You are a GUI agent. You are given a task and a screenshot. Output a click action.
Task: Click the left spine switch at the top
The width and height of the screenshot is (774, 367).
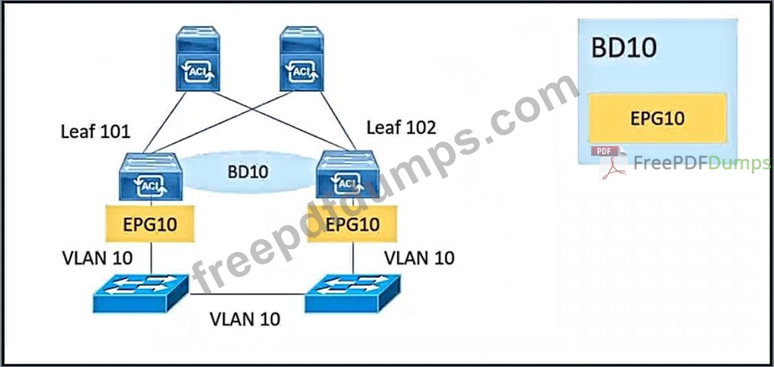pos(198,59)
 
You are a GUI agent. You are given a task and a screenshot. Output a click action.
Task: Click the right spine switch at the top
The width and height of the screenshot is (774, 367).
pos(302,59)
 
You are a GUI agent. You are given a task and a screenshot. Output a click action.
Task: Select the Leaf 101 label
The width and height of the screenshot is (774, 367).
pos(95,131)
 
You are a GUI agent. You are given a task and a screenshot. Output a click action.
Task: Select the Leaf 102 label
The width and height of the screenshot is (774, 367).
pos(401,127)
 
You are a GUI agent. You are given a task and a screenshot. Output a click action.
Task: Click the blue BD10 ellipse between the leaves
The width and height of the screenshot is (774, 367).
pos(248,171)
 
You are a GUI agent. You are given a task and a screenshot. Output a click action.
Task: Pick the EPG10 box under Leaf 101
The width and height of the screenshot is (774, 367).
pos(149,225)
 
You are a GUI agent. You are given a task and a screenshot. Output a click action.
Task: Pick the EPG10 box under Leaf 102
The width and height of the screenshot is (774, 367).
pos(352,225)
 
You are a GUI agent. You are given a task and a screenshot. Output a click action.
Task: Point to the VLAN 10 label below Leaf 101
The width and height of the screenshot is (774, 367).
pos(97,257)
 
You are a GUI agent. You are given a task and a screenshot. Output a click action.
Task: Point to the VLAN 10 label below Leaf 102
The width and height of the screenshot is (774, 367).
pos(419,257)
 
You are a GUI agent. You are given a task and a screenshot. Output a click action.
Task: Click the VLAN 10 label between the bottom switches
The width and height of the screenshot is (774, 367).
pos(245,318)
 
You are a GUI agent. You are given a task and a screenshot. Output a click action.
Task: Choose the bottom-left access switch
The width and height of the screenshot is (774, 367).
pos(141,293)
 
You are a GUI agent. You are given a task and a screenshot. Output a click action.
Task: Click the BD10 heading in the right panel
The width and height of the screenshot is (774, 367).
pos(625,47)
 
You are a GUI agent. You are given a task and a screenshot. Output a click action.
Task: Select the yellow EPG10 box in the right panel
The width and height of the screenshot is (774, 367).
pos(657,118)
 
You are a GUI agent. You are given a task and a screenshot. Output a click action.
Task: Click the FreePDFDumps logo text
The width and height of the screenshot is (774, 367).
pos(701,163)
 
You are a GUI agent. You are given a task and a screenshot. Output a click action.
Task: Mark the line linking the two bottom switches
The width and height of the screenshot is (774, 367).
pos(248,294)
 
